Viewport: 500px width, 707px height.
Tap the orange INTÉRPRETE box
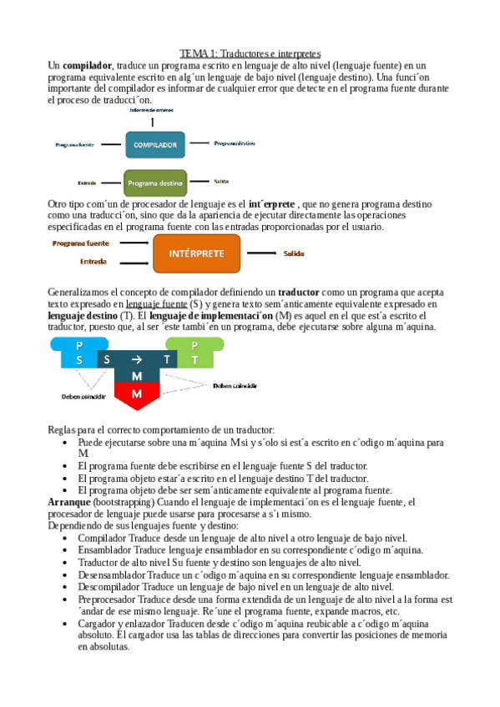(x=196, y=253)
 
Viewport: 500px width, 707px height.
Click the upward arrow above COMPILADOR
(x=152, y=121)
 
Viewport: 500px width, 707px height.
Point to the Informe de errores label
(x=152, y=110)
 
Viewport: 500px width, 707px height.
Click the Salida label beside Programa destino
(x=221, y=181)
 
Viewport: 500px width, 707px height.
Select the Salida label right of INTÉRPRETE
(x=294, y=253)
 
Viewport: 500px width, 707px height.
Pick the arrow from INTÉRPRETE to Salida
(x=260, y=253)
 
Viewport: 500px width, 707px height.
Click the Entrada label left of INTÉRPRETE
(x=93, y=262)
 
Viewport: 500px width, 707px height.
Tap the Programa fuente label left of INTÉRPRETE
(x=82, y=243)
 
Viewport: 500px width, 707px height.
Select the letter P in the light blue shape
(x=79, y=345)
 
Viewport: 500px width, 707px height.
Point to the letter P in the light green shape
(x=194, y=345)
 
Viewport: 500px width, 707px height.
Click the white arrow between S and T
(x=136, y=359)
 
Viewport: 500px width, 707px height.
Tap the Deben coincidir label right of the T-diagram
(x=235, y=386)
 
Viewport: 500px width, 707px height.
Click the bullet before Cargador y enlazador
(x=67, y=624)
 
